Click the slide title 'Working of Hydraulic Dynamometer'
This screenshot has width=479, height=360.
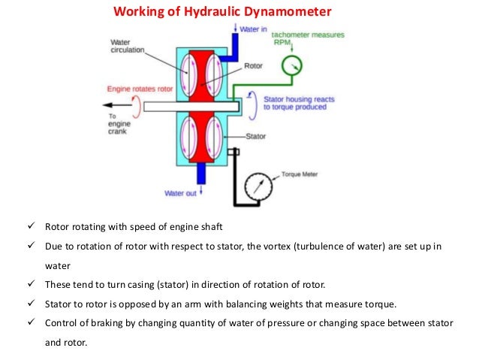click(x=221, y=11)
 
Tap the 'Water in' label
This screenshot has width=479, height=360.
click(x=255, y=29)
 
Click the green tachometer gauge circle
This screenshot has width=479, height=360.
click(x=291, y=67)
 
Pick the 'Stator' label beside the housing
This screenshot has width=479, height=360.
click(x=259, y=136)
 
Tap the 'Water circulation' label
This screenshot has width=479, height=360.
click(x=128, y=47)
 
